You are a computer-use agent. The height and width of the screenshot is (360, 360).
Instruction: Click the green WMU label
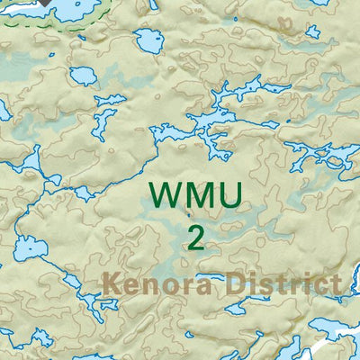195,195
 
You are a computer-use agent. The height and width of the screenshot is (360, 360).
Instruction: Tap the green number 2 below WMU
196,238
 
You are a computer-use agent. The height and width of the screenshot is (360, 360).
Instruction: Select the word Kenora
157,285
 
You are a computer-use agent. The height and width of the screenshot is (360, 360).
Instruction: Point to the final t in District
335,285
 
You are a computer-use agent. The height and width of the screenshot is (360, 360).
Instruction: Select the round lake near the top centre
147,41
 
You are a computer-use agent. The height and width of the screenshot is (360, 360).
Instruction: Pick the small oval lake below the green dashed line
82,76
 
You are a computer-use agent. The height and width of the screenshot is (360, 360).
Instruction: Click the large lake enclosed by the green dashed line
63,8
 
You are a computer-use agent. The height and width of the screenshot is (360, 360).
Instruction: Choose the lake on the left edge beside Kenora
27,244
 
